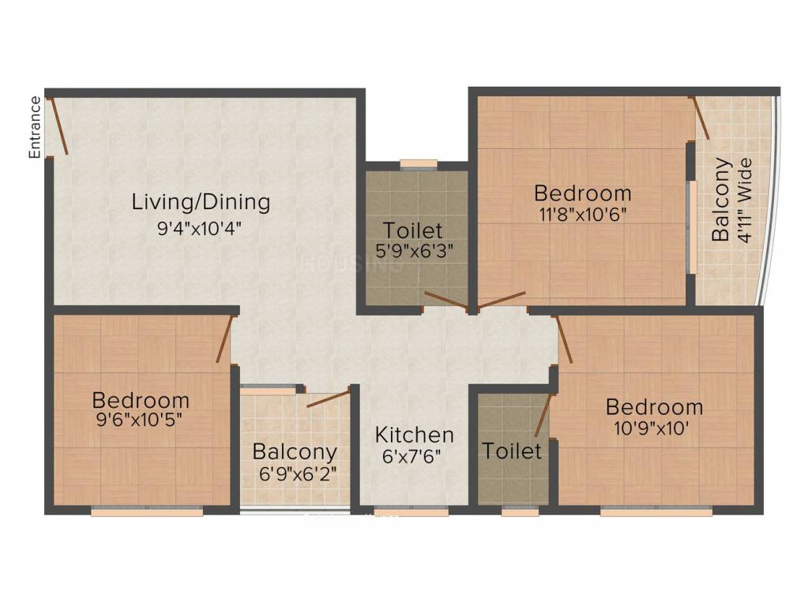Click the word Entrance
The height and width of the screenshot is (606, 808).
pyautogui.click(x=35, y=127)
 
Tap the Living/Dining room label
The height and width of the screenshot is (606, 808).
pyautogui.click(x=201, y=202)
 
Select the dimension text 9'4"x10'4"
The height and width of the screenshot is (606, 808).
pyautogui.click(x=198, y=229)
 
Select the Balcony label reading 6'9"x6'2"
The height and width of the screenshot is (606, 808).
pyautogui.click(x=295, y=452)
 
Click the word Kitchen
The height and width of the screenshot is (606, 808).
pyautogui.click(x=414, y=435)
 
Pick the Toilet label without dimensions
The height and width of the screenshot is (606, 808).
pyautogui.click(x=512, y=451)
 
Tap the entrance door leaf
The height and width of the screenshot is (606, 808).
pyautogui.click(x=58, y=125)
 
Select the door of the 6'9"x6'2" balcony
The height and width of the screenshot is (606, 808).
pyautogui.click(x=328, y=398)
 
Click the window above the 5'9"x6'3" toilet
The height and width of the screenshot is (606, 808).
pyautogui.click(x=418, y=164)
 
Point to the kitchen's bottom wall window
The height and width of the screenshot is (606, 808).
pyautogui.click(x=409, y=511)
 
